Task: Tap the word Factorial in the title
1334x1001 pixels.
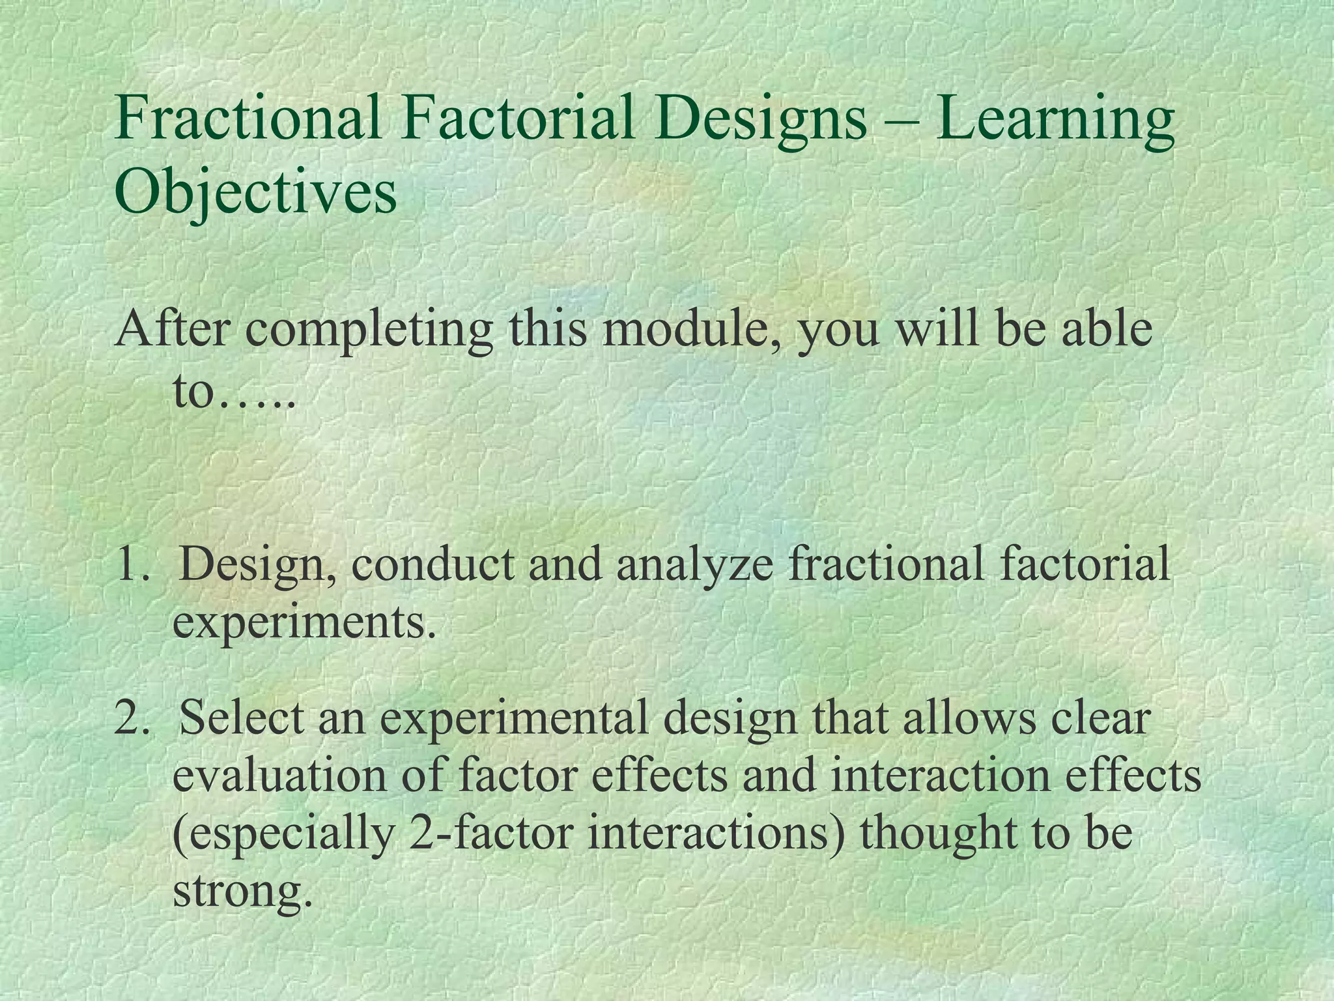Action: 518,119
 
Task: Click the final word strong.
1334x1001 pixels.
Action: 238,892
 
